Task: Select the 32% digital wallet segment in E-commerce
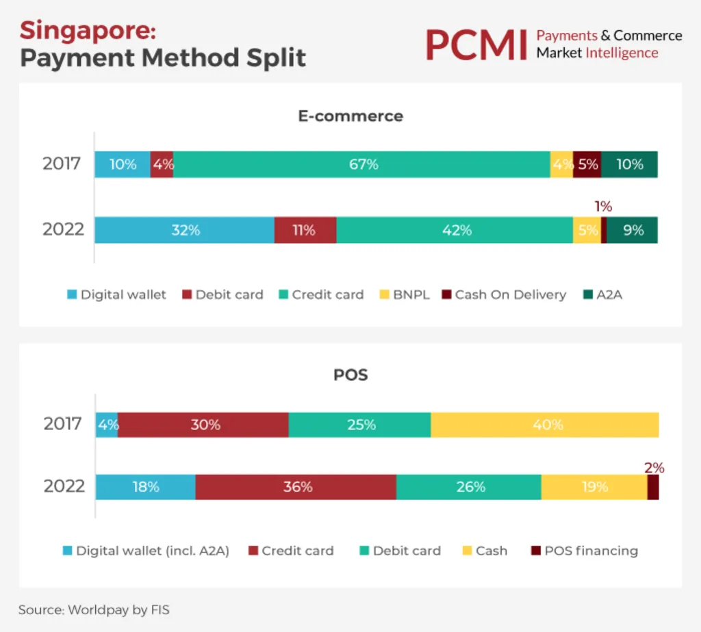[x=185, y=230]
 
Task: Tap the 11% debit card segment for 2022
[x=305, y=230]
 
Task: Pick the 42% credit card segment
[x=455, y=230]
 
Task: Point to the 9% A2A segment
[x=632, y=230]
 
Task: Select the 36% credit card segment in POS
[x=296, y=487]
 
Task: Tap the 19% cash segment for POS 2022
[x=594, y=487]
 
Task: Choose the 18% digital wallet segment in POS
[x=145, y=487]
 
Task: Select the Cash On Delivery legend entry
[x=510, y=295]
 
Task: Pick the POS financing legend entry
[x=591, y=551]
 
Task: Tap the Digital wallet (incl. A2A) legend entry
[x=152, y=551]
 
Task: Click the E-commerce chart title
[x=350, y=116]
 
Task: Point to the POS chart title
[x=350, y=375]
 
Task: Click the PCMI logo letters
[x=475, y=45]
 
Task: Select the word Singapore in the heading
[x=88, y=31]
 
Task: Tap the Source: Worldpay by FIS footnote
[x=94, y=609]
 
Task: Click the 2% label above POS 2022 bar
[x=654, y=468]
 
